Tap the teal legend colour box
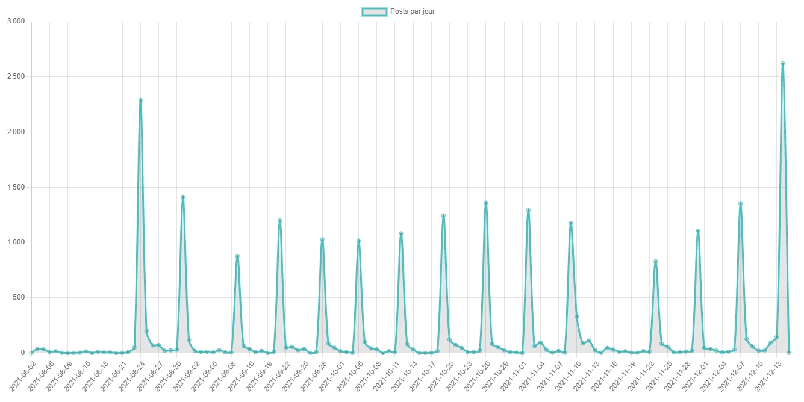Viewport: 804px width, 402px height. coord(373,11)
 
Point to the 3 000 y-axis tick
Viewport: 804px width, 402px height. coord(16,22)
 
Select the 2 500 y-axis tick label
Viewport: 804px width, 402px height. coord(16,77)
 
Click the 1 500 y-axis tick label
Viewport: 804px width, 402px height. coord(16,187)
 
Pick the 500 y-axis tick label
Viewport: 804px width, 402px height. coord(19,298)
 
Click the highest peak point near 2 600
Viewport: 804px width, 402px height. coord(782,63)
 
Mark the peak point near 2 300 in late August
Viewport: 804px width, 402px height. coord(140,100)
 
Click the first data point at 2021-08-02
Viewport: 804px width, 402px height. coord(31,353)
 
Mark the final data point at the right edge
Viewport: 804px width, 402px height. coord(788,353)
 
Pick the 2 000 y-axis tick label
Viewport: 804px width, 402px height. coord(16,132)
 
